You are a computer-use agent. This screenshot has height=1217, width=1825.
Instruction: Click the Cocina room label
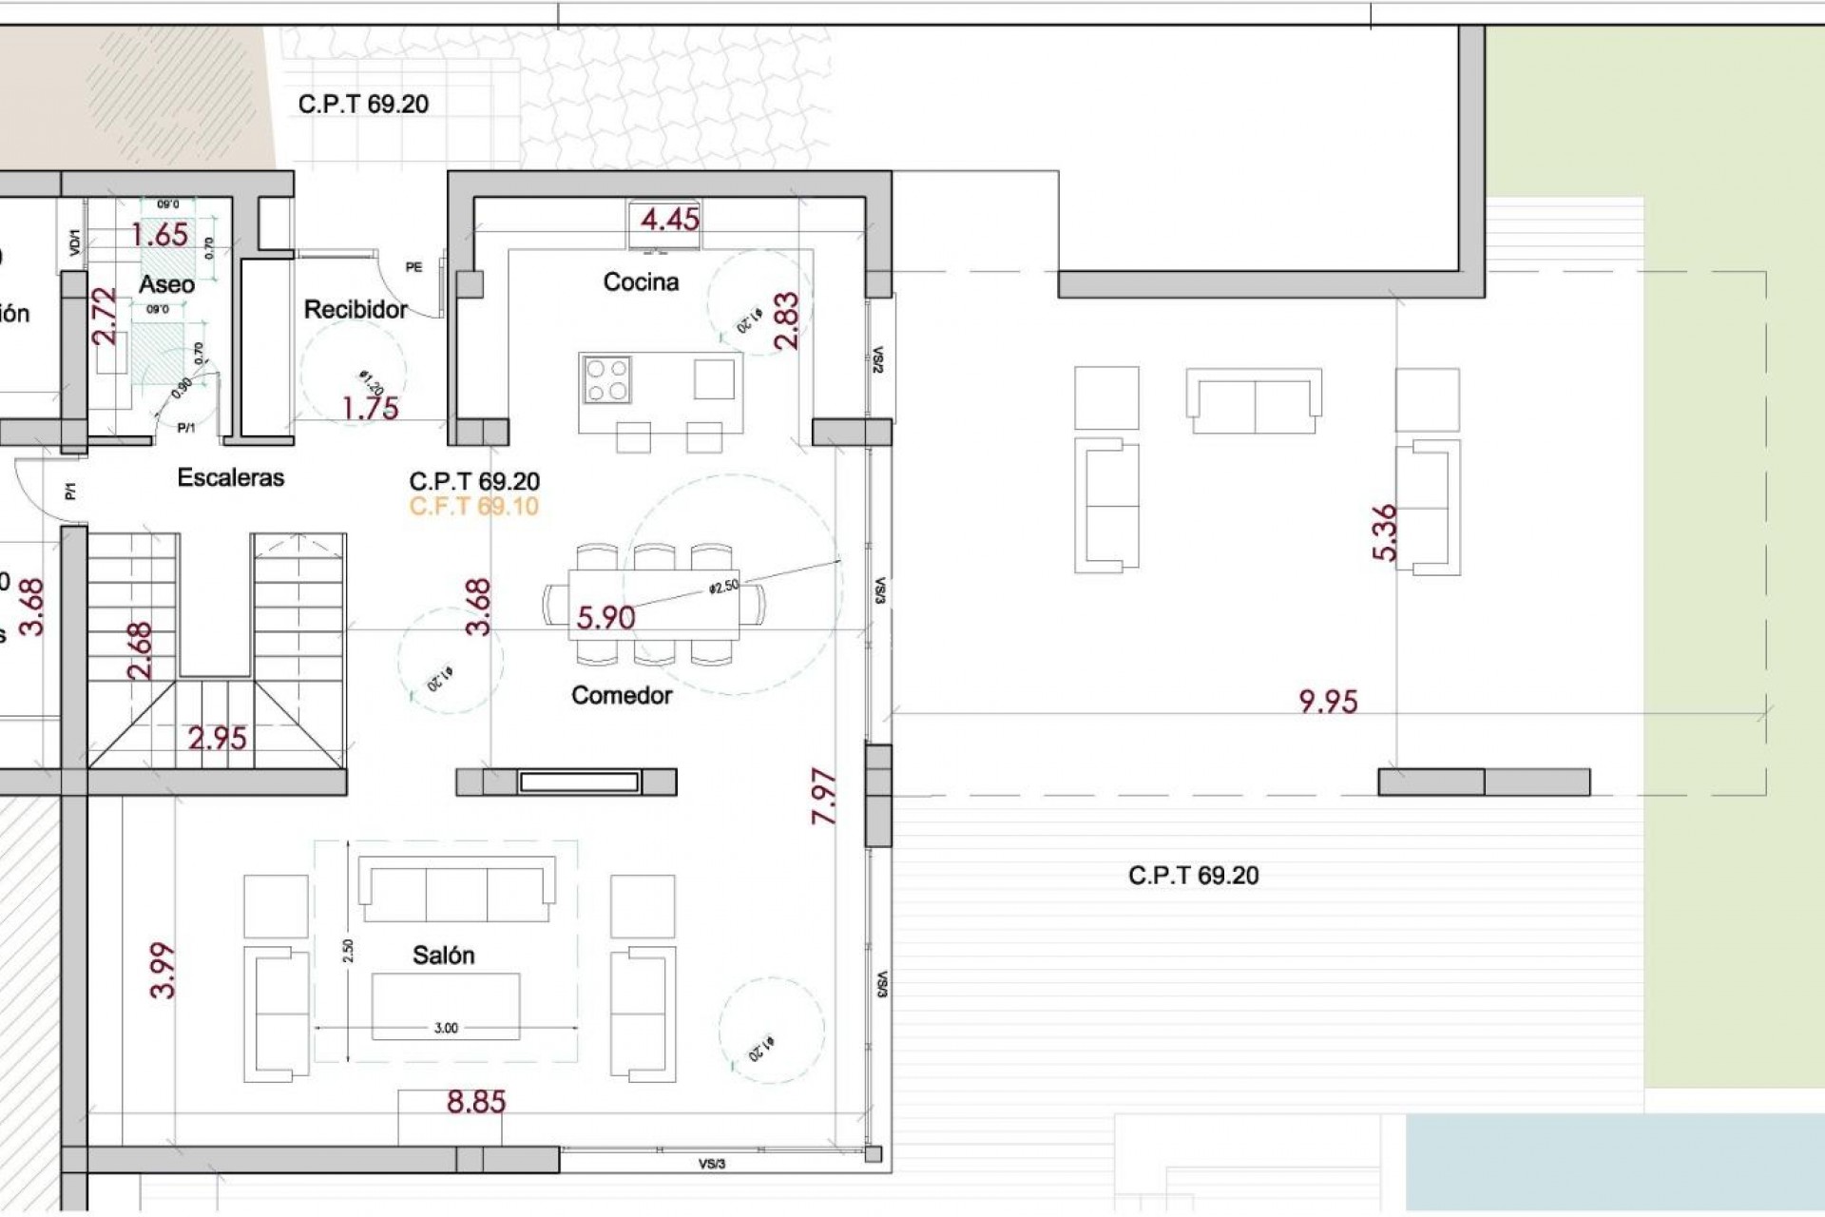[x=641, y=282]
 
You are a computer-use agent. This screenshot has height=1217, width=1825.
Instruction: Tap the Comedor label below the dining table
[x=622, y=695]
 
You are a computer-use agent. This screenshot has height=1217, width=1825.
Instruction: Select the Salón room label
[x=443, y=956]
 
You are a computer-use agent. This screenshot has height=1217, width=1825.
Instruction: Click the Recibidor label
[x=355, y=309]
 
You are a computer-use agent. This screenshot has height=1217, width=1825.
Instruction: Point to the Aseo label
[x=166, y=284]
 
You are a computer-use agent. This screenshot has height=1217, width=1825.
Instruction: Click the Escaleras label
[x=231, y=477]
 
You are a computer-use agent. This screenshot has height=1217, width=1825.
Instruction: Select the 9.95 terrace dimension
[x=1328, y=702]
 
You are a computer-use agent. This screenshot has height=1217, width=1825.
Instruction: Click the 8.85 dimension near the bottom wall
[x=476, y=1102]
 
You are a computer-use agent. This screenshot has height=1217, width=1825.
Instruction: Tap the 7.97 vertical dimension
[x=824, y=797]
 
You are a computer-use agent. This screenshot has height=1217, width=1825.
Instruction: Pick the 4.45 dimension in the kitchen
[x=670, y=220]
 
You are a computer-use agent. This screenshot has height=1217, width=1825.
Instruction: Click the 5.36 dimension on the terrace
[x=1386, y=532]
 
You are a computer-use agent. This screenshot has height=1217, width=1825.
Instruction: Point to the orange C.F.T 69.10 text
[x=474, y=506]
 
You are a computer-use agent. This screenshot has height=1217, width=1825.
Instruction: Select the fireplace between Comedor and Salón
[x=578, y=782]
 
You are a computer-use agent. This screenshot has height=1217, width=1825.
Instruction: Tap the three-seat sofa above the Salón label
[x=456, y=889]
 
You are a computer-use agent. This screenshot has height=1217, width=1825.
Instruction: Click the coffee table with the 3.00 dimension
[x=446, y=1004]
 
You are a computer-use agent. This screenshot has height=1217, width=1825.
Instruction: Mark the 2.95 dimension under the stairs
[x=217, y=738]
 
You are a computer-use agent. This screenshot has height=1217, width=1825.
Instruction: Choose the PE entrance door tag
[x=413, y=267]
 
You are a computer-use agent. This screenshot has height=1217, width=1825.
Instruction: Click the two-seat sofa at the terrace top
[x=1254, y=400]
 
